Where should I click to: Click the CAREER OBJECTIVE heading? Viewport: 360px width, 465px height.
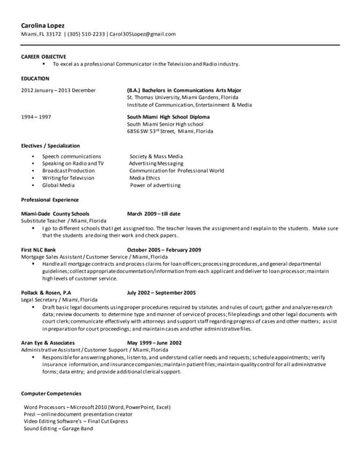click(44, 56)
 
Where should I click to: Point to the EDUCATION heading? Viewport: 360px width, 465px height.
click(35, 77)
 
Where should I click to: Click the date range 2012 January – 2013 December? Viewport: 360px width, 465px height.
click(58, 90)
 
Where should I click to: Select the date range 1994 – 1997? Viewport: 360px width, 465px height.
click(36, 116)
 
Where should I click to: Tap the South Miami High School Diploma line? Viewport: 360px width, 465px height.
click(168, 116)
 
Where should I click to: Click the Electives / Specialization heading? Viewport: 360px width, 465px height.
click(50, 146)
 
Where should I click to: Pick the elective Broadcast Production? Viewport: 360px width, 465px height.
click(68, 170)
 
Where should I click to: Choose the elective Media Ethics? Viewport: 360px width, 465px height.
click(145, 177)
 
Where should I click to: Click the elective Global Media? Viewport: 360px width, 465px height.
click(58, 185)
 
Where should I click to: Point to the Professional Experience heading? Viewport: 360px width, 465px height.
click(50, 199)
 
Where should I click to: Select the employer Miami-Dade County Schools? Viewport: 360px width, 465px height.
click(55, 214)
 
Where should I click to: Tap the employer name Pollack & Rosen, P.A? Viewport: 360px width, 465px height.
click(47, 292)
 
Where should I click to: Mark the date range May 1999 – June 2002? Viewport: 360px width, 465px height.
click(154, 341)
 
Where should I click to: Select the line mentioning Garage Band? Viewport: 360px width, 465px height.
click(58, 429)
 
